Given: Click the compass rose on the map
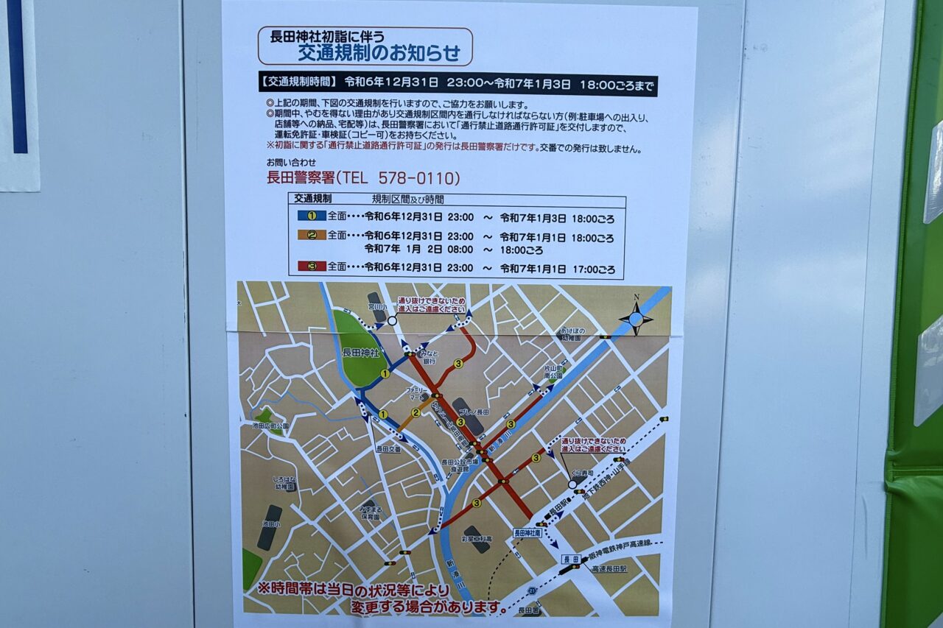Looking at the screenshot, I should pos(635,319).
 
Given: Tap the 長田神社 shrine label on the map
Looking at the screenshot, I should pos(360,353).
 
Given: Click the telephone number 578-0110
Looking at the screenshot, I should pos(419,178).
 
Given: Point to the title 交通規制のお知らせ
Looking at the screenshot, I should pos(379,53).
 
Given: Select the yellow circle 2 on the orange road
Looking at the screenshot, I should pos(416,412).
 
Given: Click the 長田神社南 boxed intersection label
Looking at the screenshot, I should pos(527,532).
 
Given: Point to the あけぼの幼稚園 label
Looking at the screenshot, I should pos(570,335).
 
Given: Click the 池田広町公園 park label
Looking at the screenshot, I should pos(270,426).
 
